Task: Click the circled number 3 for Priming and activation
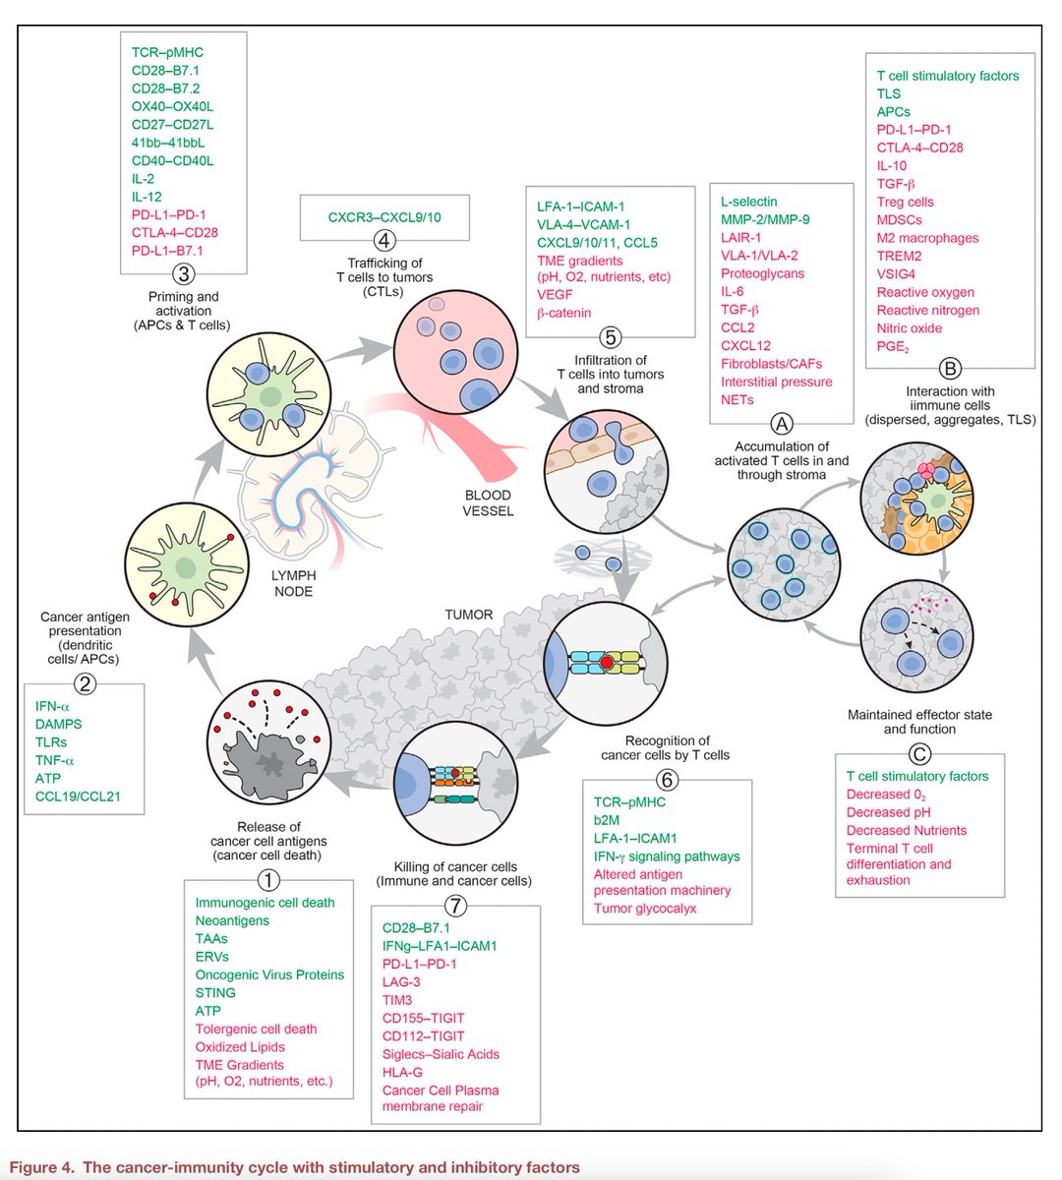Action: pyautogui.click(x=183, y=274)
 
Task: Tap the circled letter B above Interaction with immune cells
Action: pyautogui.click(x=950, y=369)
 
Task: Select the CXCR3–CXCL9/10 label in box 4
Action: pyautogui.click(x=383, y=216)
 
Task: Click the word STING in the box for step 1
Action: pyautogui.click(x=215, y=992)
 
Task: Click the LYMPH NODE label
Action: pyautogui.click(x=294, y=584)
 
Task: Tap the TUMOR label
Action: pyautogui.click(x=469, y=615)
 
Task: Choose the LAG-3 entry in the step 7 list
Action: pyautogui.click(x=401, y=981)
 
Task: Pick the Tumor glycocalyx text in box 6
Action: pyautogui.click(x=644, y=908)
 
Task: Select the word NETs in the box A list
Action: pyautogui.click(x=737, y=399)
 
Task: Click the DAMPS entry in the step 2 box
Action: pyautogui.click(x=58, y=724)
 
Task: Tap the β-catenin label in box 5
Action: pyautogui.click(x=564, y=313)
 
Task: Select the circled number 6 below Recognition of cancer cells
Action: pyautogui.click(x=667, y=780)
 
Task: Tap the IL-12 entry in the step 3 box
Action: pyautogui.click(x=147, y=197)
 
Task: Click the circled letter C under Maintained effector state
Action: pyautogui.click(x=919, y=755)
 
